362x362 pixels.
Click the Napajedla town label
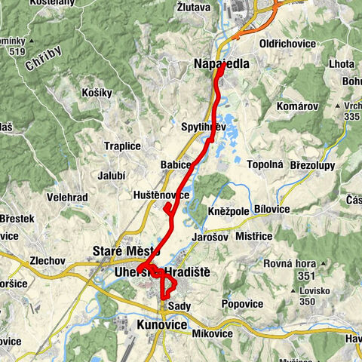point(220,65)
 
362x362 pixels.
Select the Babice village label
point(175,164)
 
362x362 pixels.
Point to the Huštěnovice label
point(161,195)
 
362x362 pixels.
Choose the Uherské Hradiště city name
point(163,271)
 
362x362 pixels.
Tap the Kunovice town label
point(161,324)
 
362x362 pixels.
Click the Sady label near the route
point(179,306)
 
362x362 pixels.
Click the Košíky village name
point(97,93)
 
